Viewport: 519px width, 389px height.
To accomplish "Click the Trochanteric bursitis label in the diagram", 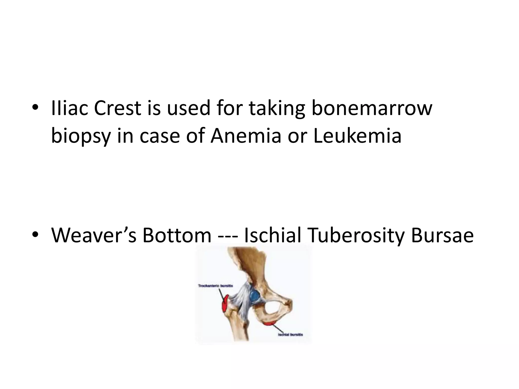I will point(215,286).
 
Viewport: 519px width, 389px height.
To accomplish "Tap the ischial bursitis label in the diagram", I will point(290,335).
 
